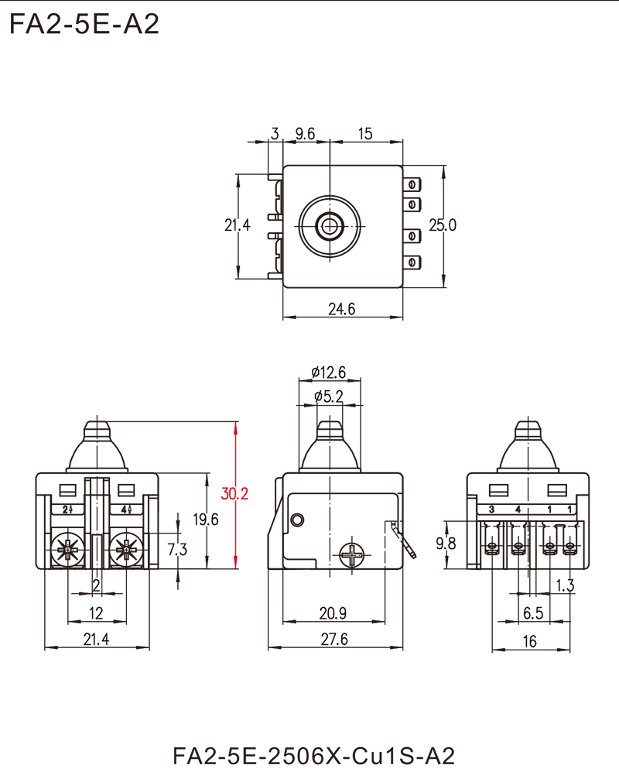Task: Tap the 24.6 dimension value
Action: (x=341, y=309)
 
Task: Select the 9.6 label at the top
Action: (x=304, y=135)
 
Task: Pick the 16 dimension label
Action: (x=532, y=639)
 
